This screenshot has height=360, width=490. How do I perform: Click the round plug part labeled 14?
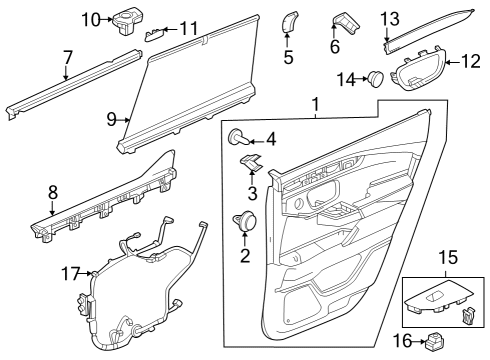click(375, 77)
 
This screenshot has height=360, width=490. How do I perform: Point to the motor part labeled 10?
click(128, 19)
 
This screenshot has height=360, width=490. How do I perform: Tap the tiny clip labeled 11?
click(154, 33)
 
